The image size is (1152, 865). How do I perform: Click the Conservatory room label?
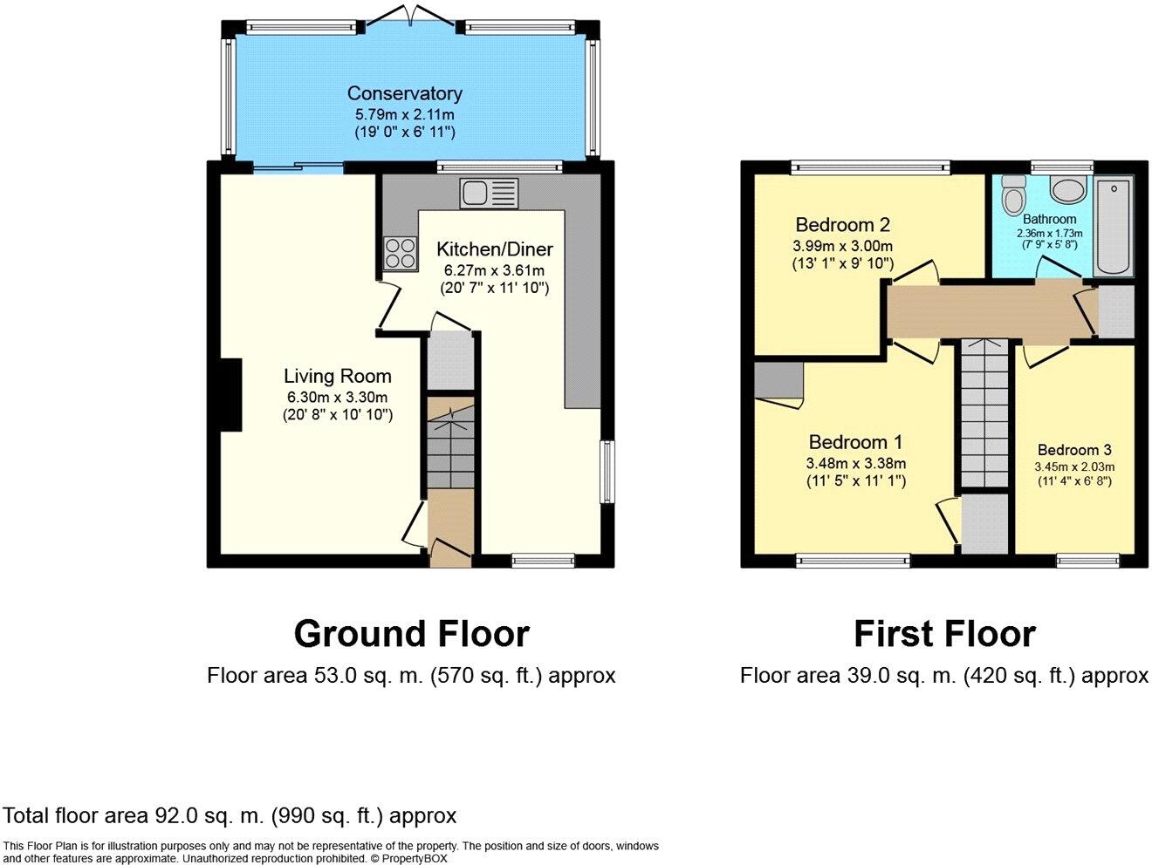(x=404, y=93)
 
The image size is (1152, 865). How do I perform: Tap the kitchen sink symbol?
(x=490, y=193)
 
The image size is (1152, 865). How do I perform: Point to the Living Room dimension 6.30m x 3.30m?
(x=337, y=398)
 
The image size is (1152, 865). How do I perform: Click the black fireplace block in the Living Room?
(x=230, y=395)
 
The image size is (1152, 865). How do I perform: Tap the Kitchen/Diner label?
(x=494, y=249)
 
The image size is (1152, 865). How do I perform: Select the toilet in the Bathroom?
(x=1013, y=195)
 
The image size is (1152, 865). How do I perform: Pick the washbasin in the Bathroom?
(x=1066, y=187)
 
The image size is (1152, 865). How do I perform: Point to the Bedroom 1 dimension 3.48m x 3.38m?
(x=855, y=463)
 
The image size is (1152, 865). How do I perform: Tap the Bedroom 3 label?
(x=1073, y=450)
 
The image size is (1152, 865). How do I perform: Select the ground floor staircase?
(x=450, y=445)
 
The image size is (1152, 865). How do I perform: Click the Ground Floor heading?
(x=411, y=634)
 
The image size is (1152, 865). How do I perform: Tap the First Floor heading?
(x=944, y=634)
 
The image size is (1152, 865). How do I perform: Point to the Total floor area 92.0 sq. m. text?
(x=230, y=816)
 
